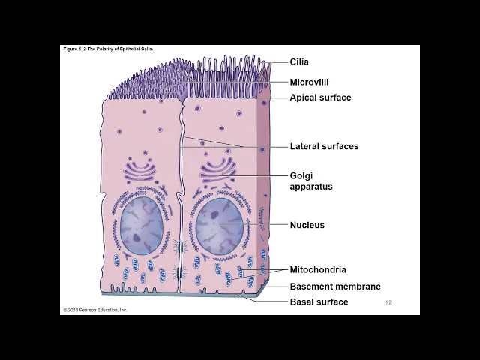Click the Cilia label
299,62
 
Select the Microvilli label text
309,82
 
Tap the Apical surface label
320,97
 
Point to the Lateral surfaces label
324,146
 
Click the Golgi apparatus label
310,181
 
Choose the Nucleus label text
307,225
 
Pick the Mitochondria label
318,270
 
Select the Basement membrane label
335,286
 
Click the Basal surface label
319,302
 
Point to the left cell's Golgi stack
139,172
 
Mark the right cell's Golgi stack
218,169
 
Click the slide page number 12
388,302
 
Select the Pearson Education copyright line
95,310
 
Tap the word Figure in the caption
70,49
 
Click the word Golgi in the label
301,175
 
